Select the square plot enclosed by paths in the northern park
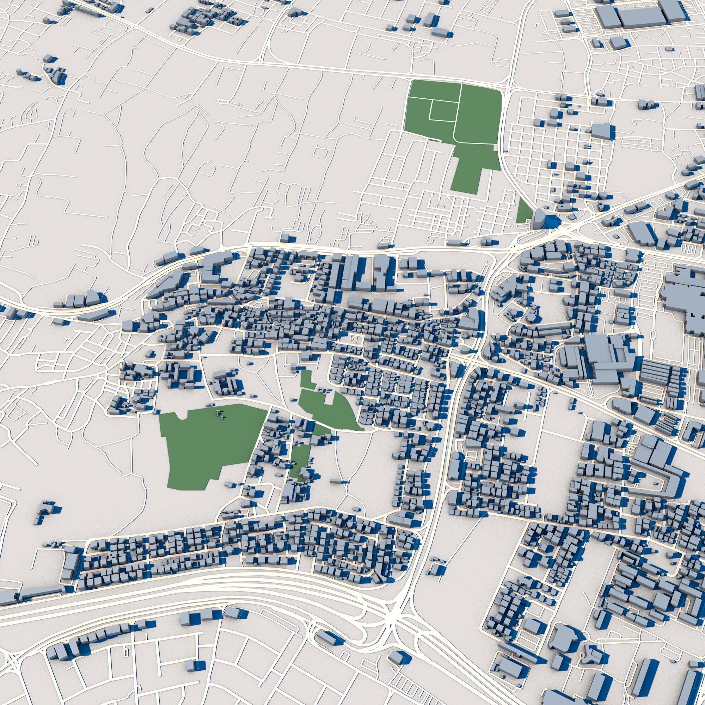point(444,110)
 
